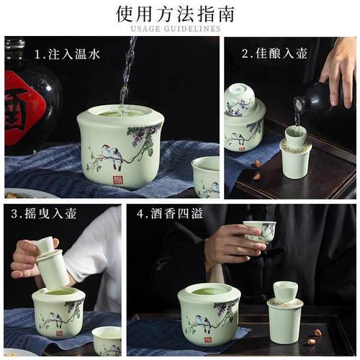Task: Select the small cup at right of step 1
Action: pyautogui.click(x=206, y=176)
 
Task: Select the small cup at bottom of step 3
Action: pyautogui.click(x=107, y=341)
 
